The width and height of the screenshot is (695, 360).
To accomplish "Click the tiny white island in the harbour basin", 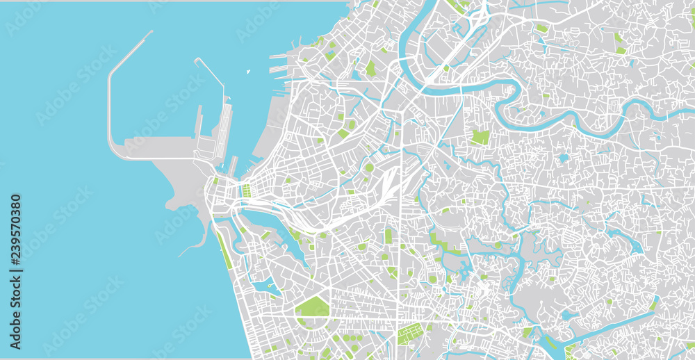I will tap(248, 71).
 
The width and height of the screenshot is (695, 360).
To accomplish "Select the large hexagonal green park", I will tap(312, 306).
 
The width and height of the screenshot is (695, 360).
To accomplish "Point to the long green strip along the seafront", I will tap(224, 249).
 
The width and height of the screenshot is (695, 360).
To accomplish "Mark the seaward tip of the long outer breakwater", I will tap(151, 32).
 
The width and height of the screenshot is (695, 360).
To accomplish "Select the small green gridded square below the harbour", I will tap(245, 190).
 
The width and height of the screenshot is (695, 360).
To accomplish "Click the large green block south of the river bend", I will tap(480, 137).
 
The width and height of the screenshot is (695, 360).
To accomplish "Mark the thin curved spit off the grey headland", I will tap(198, 243).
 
